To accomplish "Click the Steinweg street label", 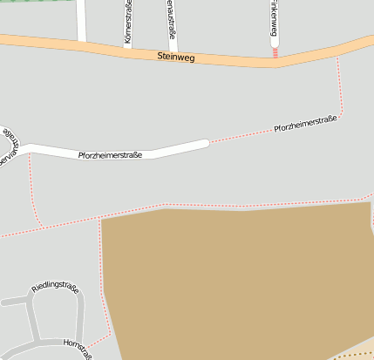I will (x=176, y=57).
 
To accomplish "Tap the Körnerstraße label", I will (x=128, y=24).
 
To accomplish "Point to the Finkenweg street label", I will (x=275, y=17).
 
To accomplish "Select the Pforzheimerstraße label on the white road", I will (x=110, y=155).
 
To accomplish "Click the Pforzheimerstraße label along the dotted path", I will (x=305, y=123).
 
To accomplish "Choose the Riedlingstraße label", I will (x=55, y=288).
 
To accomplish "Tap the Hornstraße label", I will (x=78, y=348).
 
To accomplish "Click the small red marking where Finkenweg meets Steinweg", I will (x=275, y=52).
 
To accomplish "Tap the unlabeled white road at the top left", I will (x=81, y=19).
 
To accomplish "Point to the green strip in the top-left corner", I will (x=26, y=2).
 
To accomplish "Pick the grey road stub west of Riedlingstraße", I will (x=12, y=301).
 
